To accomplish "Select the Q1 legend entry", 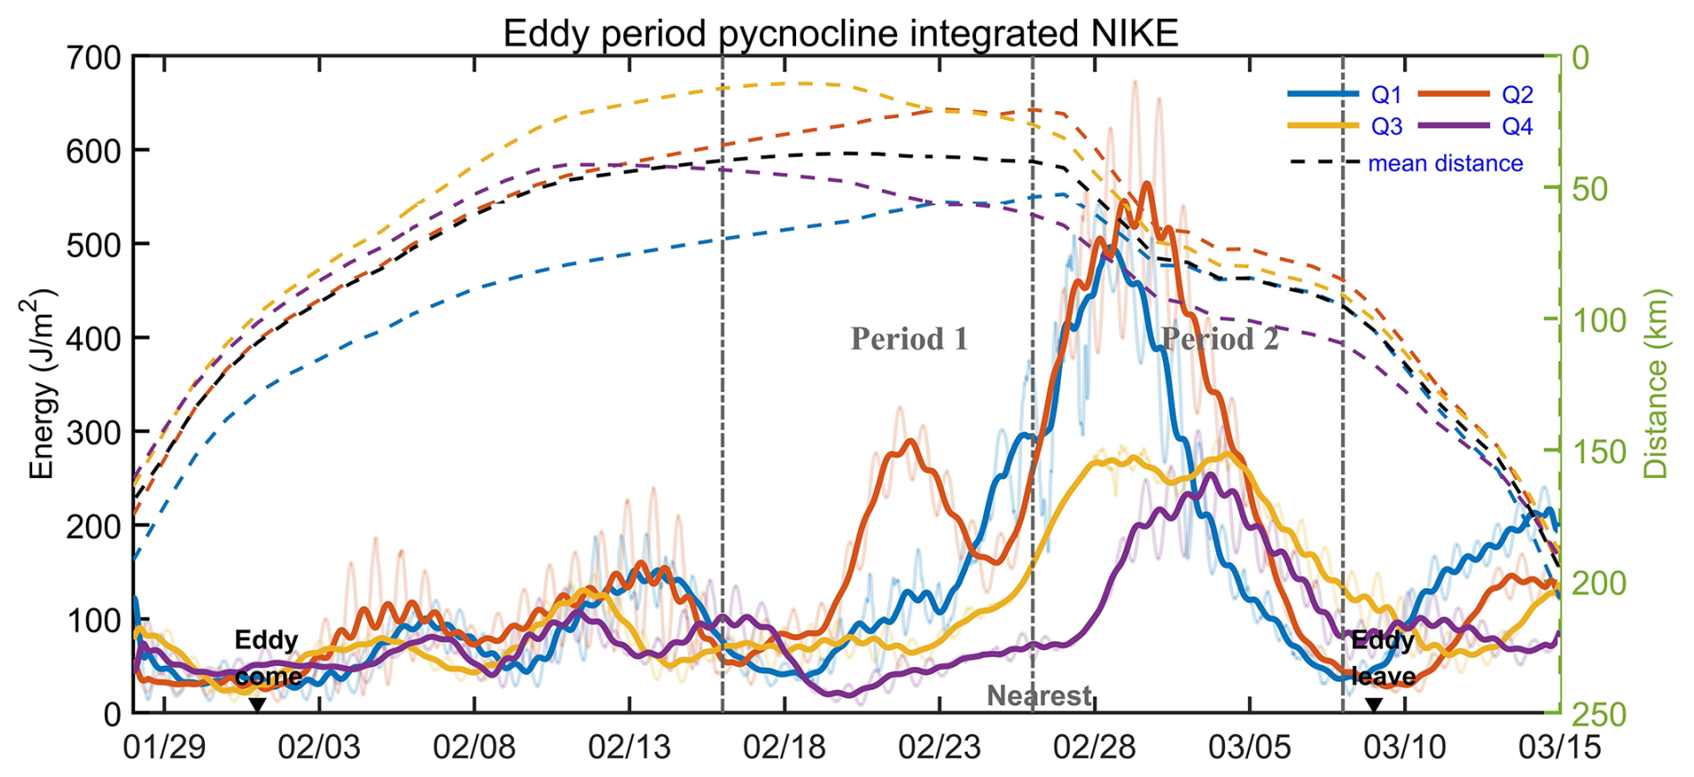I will (1386, 95).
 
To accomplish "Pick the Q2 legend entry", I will (1517, 95).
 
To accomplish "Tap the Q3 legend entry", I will (1386, 127).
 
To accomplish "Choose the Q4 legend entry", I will (1517, 127).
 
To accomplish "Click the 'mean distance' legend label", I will (1445, 164).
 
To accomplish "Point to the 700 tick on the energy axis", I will (94, 58).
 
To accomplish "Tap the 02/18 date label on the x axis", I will (784, 747).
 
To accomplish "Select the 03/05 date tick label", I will (1250, 747).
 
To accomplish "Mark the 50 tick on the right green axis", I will (1591, 190).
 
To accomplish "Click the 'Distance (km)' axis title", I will (1656, 383).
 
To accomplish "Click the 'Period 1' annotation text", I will (909, 339).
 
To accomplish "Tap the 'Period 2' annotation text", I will (1219, 339).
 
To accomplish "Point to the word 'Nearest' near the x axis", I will (1039, 696).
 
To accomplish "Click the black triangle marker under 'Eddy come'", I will (257, 705).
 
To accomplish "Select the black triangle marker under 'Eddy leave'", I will (1373, 705).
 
